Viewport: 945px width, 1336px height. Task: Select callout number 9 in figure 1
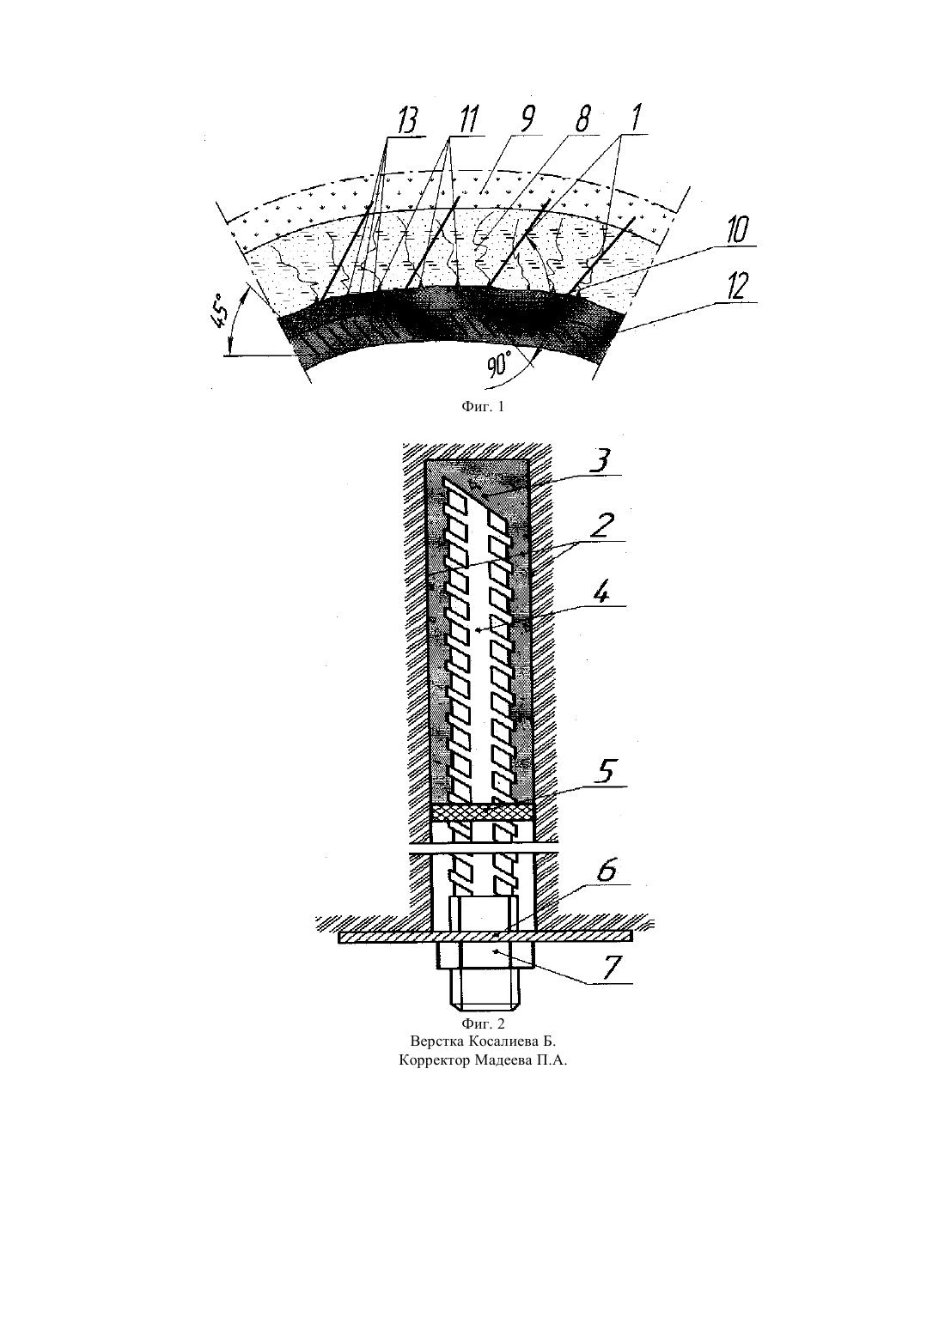click(x=527, y=118)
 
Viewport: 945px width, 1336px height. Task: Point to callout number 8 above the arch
click(x=581, y=118)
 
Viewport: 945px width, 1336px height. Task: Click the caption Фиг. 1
click(x=483, y=407)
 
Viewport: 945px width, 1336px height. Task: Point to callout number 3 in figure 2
click(x=602, y=460)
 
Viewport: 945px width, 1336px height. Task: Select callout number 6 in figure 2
click(x=607, y=871)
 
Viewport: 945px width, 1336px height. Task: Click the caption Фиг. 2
click(x=483, y=1024)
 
